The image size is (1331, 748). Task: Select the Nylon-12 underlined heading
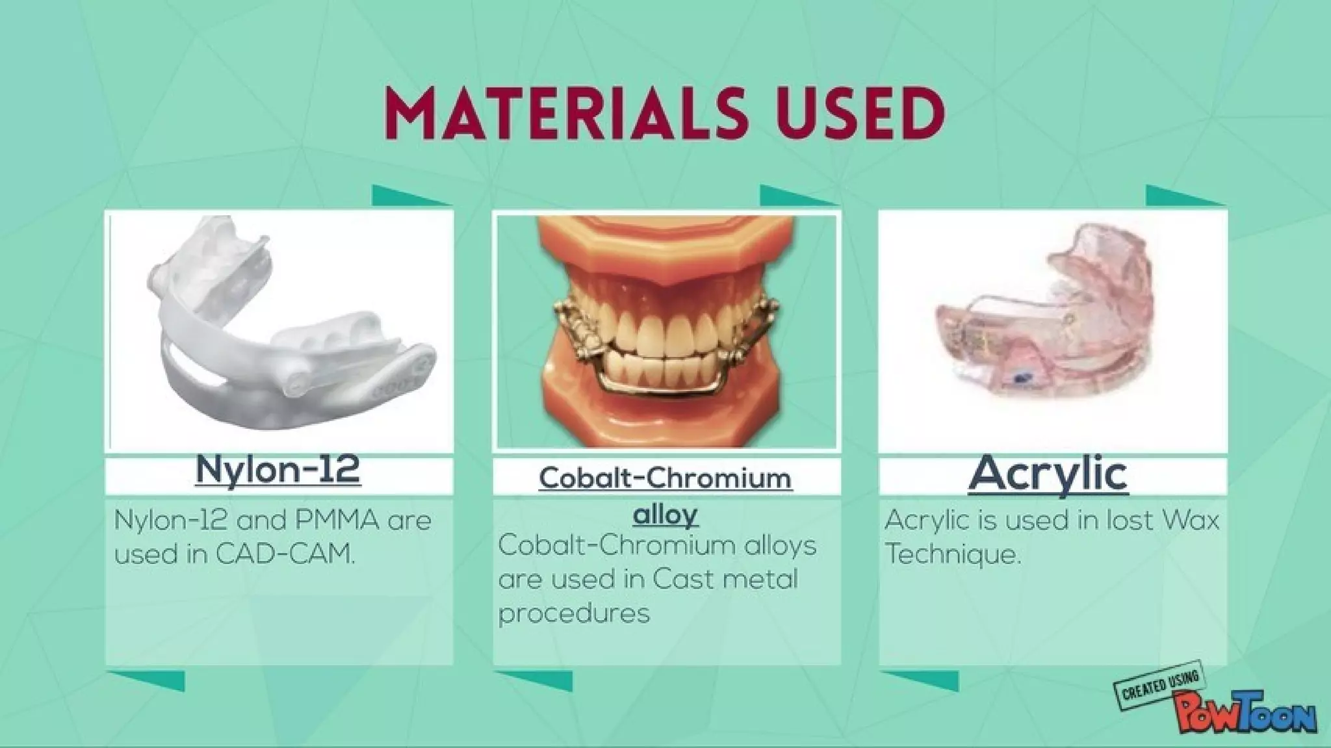pyautogui.click(x=278, y=469)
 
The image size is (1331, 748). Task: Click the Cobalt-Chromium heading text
pyautogui.click(x=665, y=479)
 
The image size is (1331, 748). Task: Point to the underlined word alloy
pyautogui.click(x=665, y=515)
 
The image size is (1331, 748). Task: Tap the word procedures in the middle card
pyautogui.click(x=574, y=613)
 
